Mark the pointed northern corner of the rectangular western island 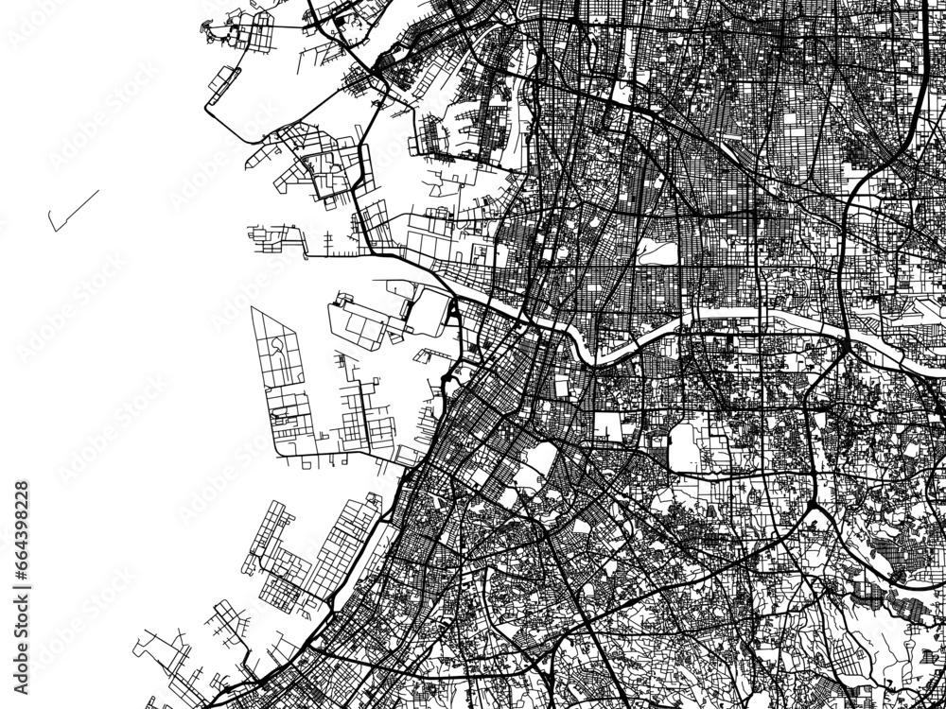[x=254, y=308]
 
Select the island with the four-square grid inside [x=359, y=321]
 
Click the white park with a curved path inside [x=657, y=251]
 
